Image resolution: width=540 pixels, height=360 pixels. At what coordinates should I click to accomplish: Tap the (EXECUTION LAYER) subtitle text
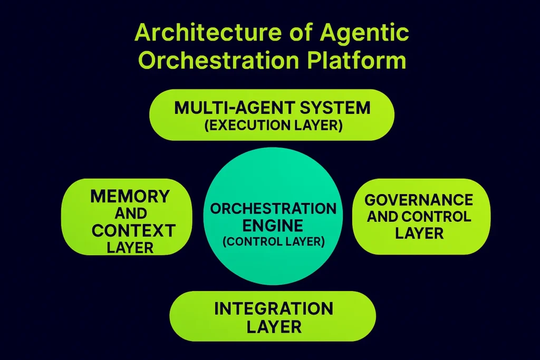[273, 127]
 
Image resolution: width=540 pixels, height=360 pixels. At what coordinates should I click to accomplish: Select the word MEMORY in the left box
[130, 197]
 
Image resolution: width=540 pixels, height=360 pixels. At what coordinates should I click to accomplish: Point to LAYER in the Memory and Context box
[130, 247]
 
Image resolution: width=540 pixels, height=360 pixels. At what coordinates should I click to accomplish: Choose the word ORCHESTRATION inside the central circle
[273, 208]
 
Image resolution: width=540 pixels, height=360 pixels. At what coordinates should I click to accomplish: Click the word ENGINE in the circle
[273, 226]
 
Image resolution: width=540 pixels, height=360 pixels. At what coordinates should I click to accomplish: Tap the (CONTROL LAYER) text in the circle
[273, 242]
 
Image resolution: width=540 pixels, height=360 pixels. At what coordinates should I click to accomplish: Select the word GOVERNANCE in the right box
[419, 200]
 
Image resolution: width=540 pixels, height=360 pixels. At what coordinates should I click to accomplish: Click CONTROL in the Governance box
[436, 216]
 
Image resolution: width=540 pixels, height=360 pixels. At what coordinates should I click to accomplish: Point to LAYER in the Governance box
[419, 233]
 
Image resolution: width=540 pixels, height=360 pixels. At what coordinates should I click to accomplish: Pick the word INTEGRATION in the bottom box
[273, 308]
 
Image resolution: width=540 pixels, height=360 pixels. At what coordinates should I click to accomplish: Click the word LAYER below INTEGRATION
[273, 327]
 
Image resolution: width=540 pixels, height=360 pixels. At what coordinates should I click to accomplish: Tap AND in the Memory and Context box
[130, 213]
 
